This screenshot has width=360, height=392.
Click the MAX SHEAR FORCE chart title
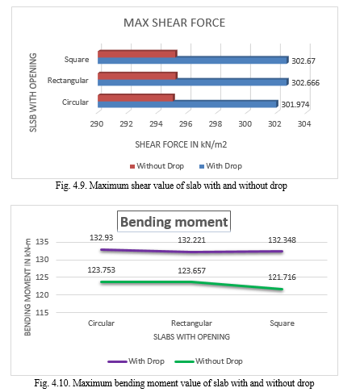174,23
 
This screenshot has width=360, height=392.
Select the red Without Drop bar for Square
137,54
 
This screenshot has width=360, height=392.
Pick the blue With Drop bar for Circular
188,104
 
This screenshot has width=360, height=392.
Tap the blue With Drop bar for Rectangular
193,82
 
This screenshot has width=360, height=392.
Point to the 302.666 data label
306,82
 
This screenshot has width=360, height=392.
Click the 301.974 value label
295,104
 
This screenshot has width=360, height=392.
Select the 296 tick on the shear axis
186,124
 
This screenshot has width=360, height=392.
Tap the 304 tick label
304,124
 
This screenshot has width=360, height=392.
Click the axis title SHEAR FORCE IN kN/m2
181,144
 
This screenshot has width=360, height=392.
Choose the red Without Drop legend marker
132,166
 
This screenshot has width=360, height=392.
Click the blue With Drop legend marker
202,166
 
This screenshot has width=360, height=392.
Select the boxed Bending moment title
174,222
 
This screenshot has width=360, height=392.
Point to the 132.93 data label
102,238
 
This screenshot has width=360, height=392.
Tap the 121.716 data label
282,277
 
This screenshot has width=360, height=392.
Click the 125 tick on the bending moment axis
42,277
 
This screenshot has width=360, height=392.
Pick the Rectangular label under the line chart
191,323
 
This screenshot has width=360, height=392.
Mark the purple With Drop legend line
117,361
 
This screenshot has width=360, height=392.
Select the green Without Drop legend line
184,361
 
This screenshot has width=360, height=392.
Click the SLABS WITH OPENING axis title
191,337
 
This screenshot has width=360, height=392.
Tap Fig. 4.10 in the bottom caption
52,383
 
